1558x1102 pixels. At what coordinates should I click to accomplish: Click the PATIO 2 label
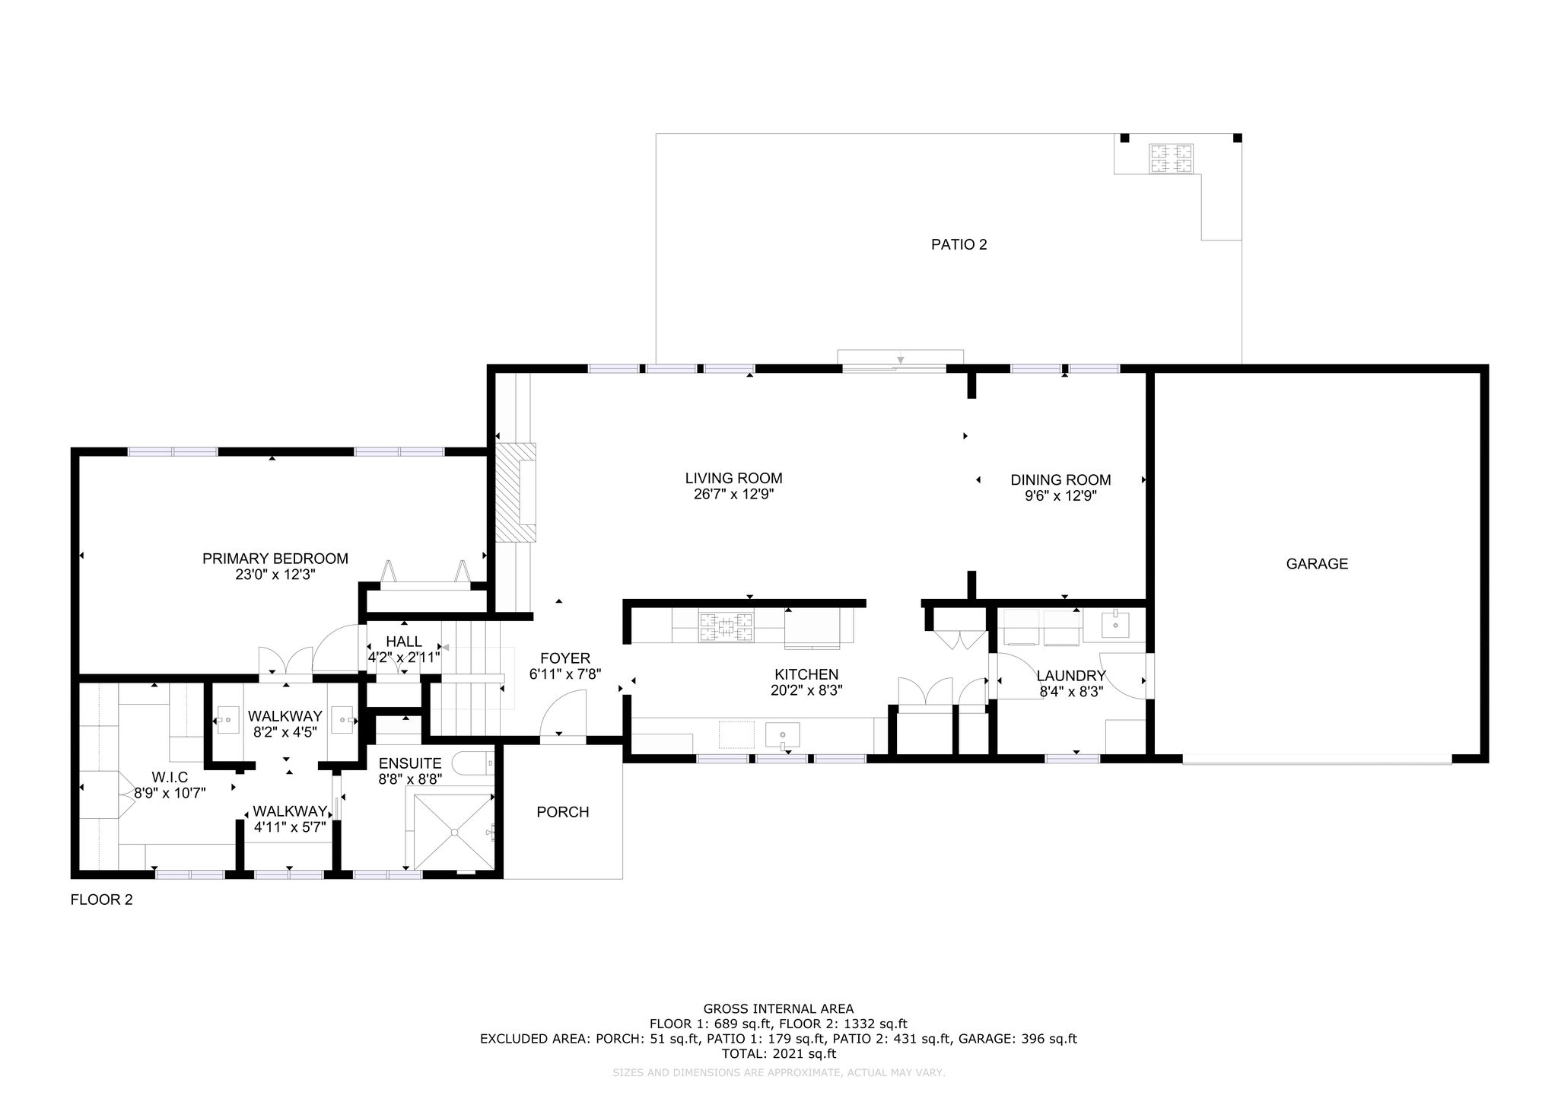959,244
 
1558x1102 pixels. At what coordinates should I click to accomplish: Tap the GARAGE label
1317,564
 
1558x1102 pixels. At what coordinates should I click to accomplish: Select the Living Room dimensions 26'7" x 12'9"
733,495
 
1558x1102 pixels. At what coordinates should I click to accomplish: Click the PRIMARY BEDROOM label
275,559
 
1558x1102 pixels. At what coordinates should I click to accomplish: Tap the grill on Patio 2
1171,158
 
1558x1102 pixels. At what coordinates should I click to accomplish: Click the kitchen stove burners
727,627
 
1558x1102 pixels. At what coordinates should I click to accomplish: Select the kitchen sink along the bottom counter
783,735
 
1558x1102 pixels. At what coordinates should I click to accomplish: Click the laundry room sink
1114,625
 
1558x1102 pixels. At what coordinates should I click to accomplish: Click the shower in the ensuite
453,831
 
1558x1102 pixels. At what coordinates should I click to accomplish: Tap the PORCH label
563,812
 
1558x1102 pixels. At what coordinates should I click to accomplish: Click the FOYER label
565,658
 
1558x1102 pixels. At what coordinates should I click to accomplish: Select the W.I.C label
170,777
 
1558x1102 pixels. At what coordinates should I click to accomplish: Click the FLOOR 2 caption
102,900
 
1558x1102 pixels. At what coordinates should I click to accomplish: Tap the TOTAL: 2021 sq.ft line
778,1054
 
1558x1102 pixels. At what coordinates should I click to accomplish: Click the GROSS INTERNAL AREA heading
778,1009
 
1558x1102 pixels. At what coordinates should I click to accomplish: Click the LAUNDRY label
1071,676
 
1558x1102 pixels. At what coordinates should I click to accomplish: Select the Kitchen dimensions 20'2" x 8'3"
806,690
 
